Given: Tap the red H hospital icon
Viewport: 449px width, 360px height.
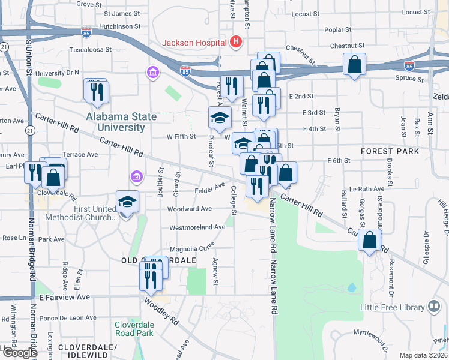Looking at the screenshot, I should point(236,42).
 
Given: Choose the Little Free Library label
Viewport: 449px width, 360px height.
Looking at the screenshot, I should point(392,308).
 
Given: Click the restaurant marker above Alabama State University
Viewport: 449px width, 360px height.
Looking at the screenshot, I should point(96,91).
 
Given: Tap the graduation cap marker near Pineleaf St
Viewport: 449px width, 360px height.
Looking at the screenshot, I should point(220,118).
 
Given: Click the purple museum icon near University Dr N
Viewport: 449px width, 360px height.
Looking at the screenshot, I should point(153,73).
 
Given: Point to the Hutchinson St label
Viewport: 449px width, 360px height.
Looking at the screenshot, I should point(119,27).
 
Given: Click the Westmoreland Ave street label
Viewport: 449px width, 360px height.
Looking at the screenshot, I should point(197,227).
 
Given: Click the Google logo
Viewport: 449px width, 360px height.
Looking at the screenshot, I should point(19,352).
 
